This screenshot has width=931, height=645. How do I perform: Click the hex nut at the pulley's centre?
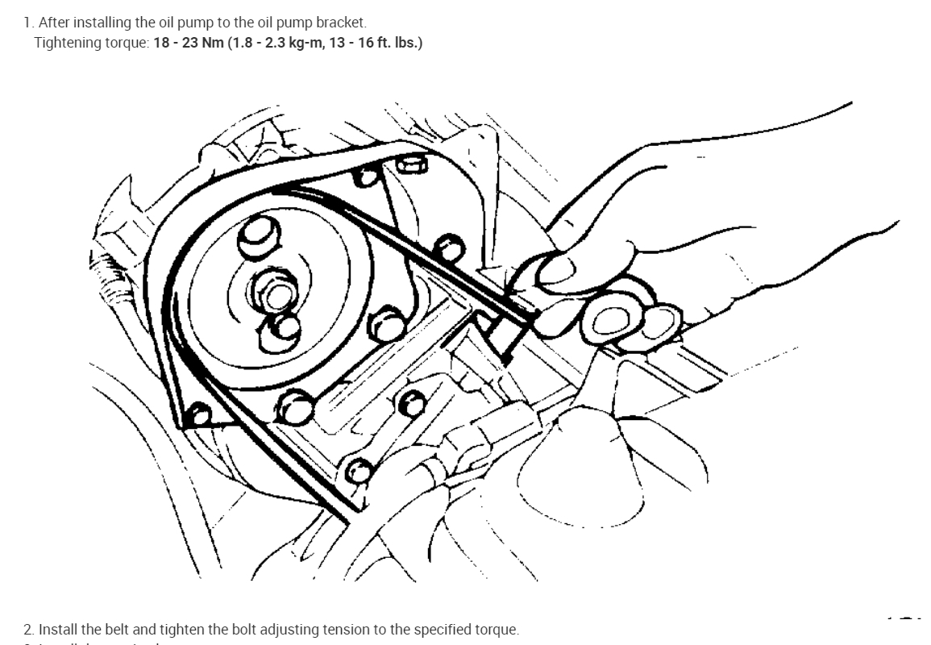(x=274, y=295)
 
